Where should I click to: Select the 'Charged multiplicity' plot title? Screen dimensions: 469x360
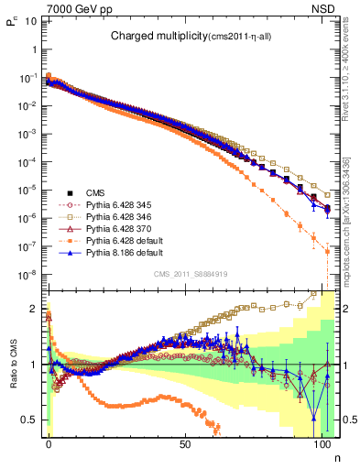(x=180, y=36)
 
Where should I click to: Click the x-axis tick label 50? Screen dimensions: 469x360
(x=185, y=442)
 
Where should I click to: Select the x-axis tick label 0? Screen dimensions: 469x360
(x=49, y=442)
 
